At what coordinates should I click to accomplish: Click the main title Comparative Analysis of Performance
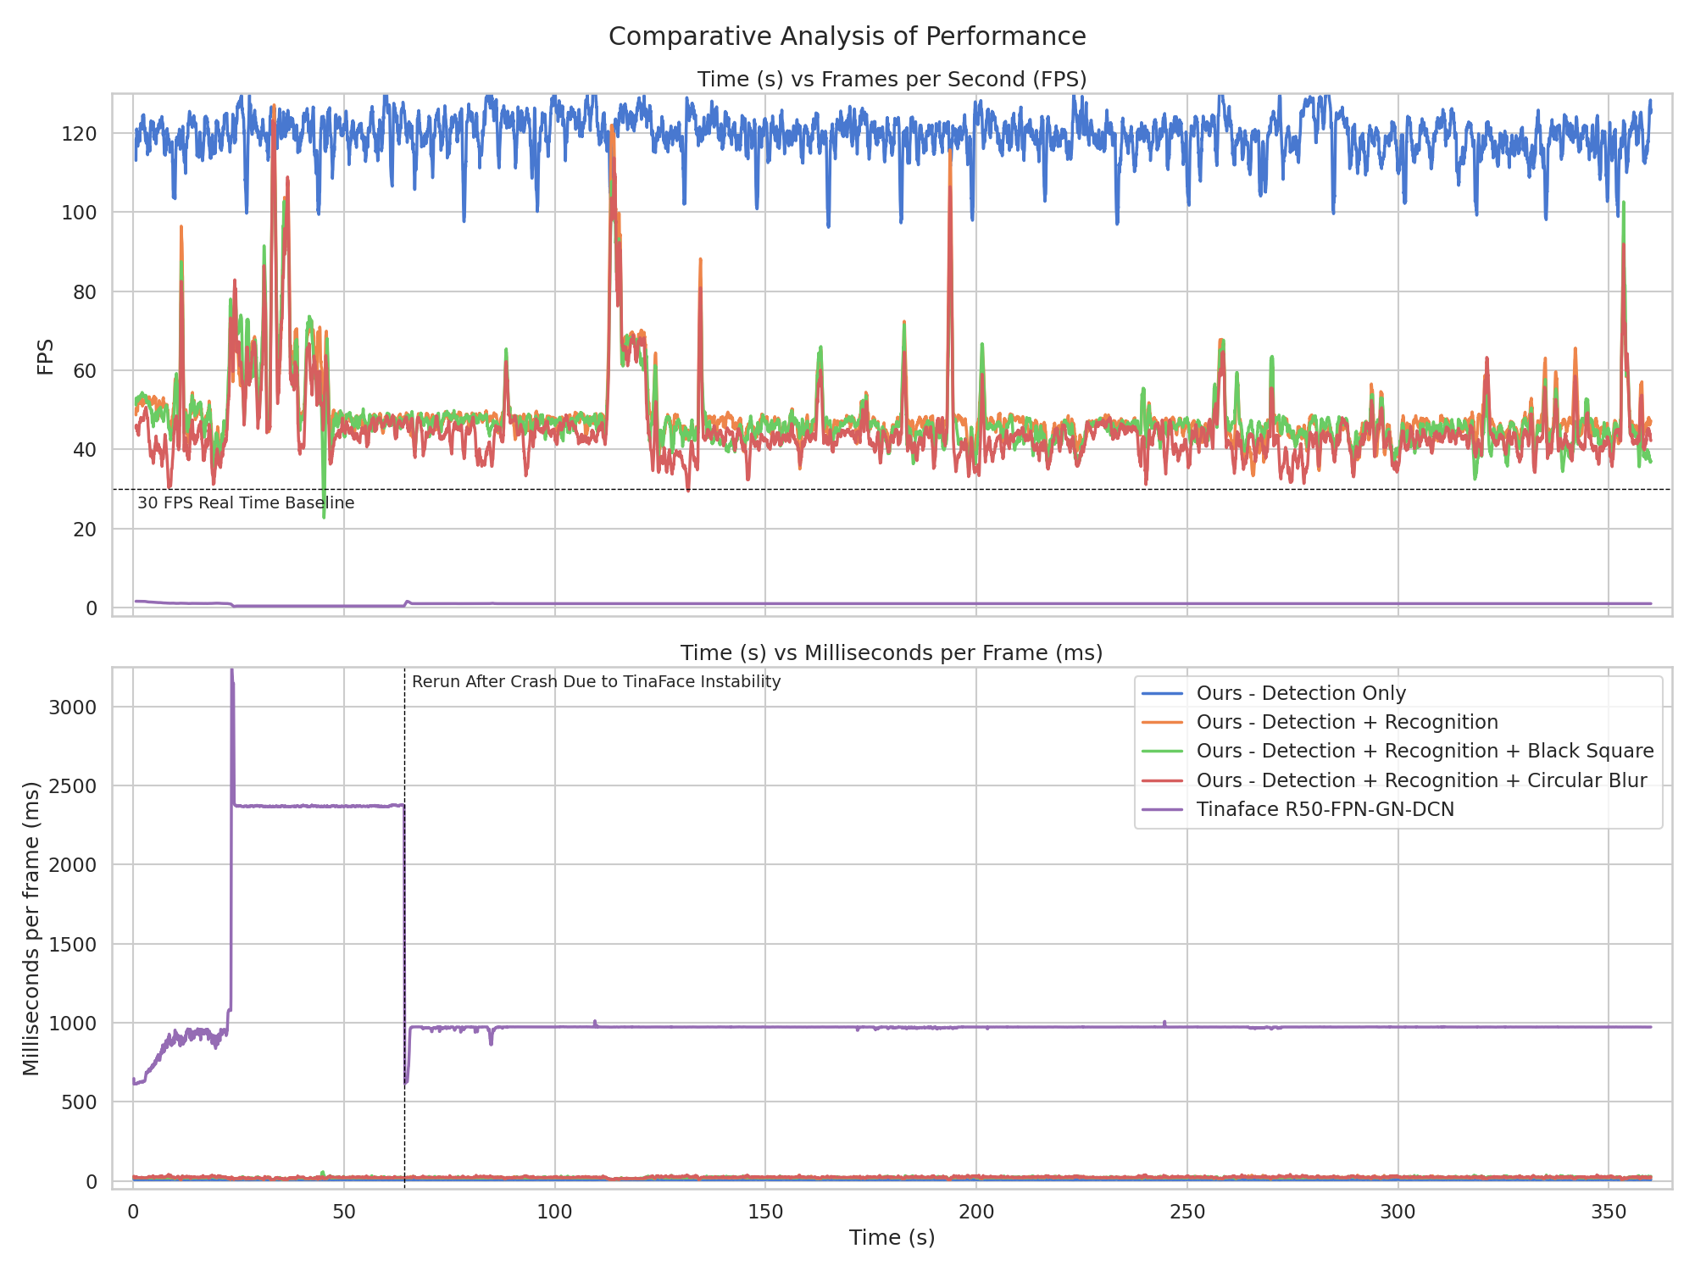click(x=847, y=36)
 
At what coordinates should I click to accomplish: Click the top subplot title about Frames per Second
click(x=892, y=79)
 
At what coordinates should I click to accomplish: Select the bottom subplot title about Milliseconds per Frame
click(x=892, y=652)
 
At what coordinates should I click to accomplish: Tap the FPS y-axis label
click(x=45, y=357)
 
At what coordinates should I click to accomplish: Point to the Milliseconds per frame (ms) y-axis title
click(x=31, y=929)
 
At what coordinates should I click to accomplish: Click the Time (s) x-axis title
click(x=892, y=1238)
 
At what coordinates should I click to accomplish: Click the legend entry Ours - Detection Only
click(x=1300, y=693)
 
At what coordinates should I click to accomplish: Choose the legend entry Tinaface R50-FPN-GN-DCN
click(x=1325, y=809)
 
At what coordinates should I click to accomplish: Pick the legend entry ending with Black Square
click(x=1424, y=751)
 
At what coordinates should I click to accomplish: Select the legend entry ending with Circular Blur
click(x=1420, y=780)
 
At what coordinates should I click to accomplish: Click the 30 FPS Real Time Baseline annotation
click(x=246, y=503)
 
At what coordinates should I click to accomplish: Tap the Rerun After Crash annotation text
click(x=596, y=682)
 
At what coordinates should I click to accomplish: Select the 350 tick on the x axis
click(x=1608, y=1212)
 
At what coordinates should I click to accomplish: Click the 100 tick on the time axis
click(x=554, y=1212)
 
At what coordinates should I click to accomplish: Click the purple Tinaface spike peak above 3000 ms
click(x=231, y=671)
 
